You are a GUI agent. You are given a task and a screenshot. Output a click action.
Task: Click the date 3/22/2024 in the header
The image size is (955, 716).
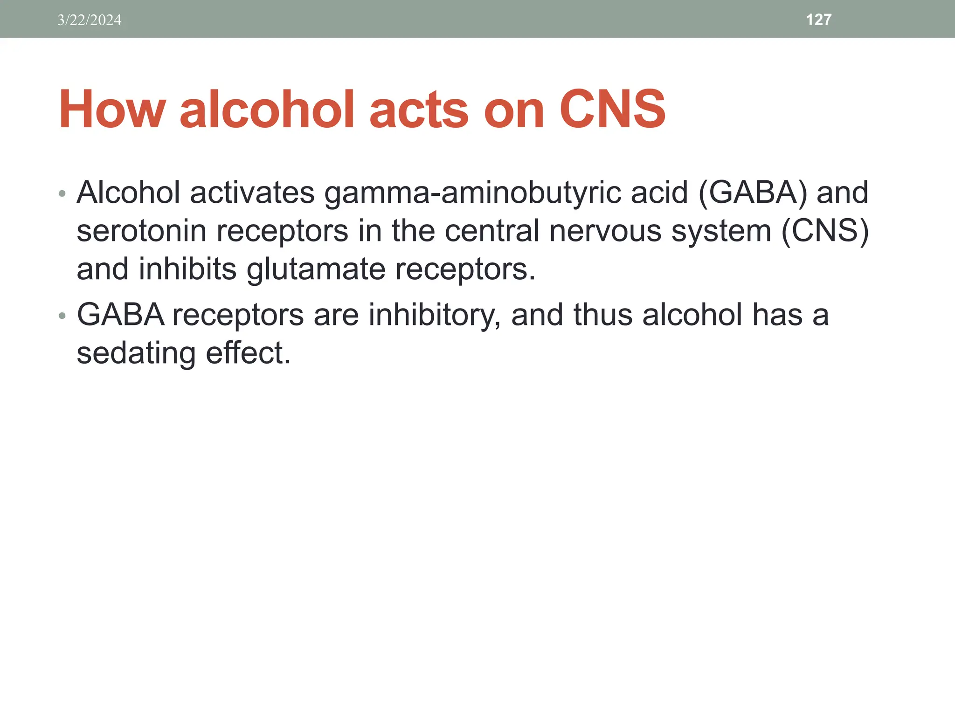(x=89, y=20)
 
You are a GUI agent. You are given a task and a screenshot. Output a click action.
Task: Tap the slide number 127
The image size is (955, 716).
(x=818, y=20)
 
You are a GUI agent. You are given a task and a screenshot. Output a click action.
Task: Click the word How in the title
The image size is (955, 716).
(x=112, y=110)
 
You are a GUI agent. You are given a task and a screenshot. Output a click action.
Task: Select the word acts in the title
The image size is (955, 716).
(x=419, y=110)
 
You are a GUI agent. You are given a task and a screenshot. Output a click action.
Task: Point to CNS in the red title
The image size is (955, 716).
(x=612, y=110)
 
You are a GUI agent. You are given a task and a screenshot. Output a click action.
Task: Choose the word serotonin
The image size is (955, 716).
(x=141, y=231)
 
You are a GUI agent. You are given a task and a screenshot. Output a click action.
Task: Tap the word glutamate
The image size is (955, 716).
(x=316, y=269)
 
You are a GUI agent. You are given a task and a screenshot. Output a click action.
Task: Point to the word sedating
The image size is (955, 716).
(x=136, y=353)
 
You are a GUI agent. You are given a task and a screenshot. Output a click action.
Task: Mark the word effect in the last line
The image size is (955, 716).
(x=248, y=353)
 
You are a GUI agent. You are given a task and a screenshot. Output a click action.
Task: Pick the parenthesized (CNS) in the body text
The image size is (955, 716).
(x=825, y=231)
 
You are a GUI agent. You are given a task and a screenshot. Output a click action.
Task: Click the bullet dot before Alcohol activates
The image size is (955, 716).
(x=62, y=194)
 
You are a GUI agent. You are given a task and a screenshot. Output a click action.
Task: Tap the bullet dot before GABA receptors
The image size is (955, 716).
(x=62, y=317)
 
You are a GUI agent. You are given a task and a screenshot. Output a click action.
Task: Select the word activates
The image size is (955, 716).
(x=252, y=193)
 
